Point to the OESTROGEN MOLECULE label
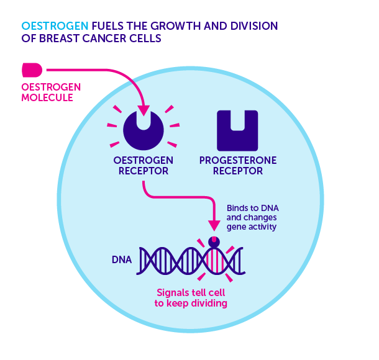click(47, 92)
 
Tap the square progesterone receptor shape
click(237, 130)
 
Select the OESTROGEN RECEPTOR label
click(143, 165)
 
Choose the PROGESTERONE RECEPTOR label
click(238, 165)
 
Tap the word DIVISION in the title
click(251, 26)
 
